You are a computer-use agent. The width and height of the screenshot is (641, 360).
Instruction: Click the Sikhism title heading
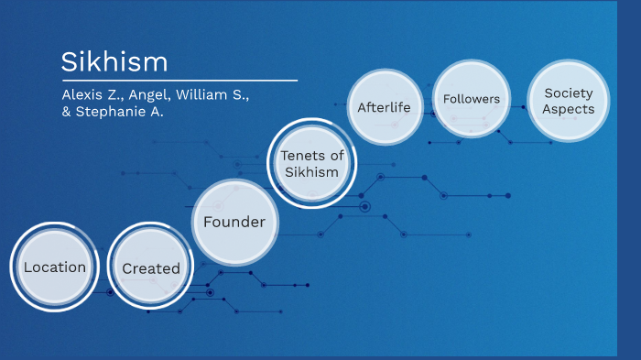pyautogui.click(x=114, y=62)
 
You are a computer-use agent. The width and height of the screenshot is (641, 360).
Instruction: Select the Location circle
pyautogui.click(x=55, y=267)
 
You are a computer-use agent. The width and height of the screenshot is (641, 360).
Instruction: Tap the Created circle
pyautogui.click(x=151, y=268)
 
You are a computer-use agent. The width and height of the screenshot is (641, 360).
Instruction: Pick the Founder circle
pyautogui.click(x=234, y=222)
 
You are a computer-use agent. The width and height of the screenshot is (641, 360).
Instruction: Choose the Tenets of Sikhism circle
pyautogui.click(x=311, y=163)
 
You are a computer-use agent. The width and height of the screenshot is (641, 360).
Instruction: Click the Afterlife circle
pyautogui.click(x=385, y=107)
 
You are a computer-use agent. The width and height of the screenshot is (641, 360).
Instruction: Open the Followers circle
pyautogui.click(x=471, y=98)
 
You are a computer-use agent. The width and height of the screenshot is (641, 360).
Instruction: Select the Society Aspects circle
pyautogui.click(x=568, y=101)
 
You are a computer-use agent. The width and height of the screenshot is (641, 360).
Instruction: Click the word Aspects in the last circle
pyautogui.click(x=568, y=109)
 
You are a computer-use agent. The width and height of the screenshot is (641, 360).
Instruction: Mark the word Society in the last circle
pyautogui.click(x=568, y=93)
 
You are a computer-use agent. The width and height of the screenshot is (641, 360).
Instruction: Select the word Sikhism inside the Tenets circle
pyautogui.click(x=311, y=171)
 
